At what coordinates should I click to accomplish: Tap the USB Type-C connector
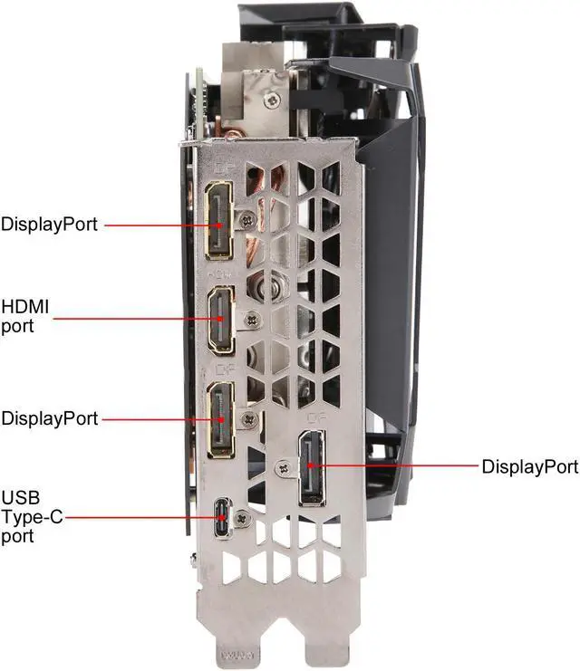click(223, 519)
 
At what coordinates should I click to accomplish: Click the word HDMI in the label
click(25, 309)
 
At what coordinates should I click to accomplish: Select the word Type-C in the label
click(33, 519)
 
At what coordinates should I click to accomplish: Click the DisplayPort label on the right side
click(529, 467)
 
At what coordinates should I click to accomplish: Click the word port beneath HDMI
click(18, 326)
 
